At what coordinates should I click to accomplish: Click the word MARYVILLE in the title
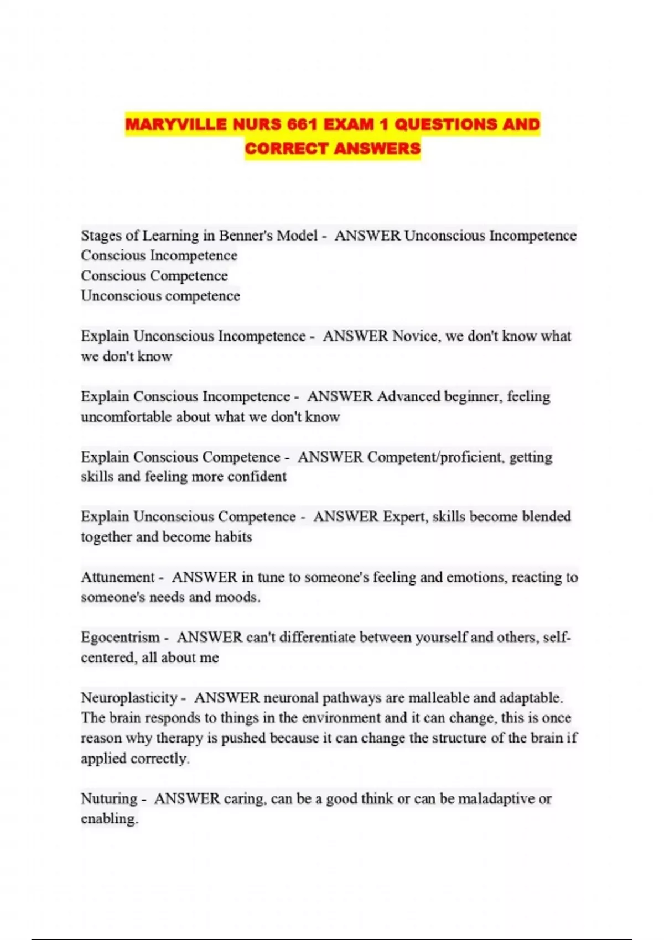[177, 124]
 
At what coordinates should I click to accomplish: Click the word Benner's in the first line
[246, 236]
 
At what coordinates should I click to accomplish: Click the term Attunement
[117, 577]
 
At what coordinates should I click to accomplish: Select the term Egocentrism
[120, 638]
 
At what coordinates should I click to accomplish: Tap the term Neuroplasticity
[129, 698]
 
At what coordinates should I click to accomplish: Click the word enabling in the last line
[109, 819]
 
